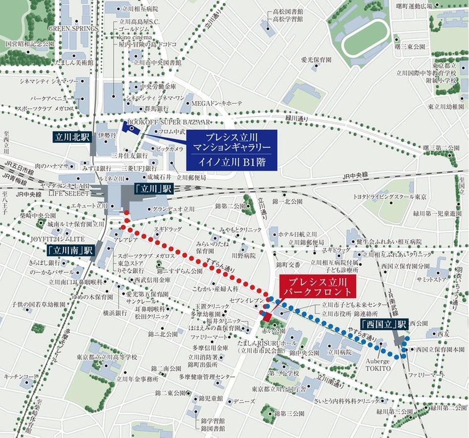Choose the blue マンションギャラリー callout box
(x=232, y=148)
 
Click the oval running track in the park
(x=365, y=39)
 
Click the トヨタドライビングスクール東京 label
(x=390, y=196)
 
